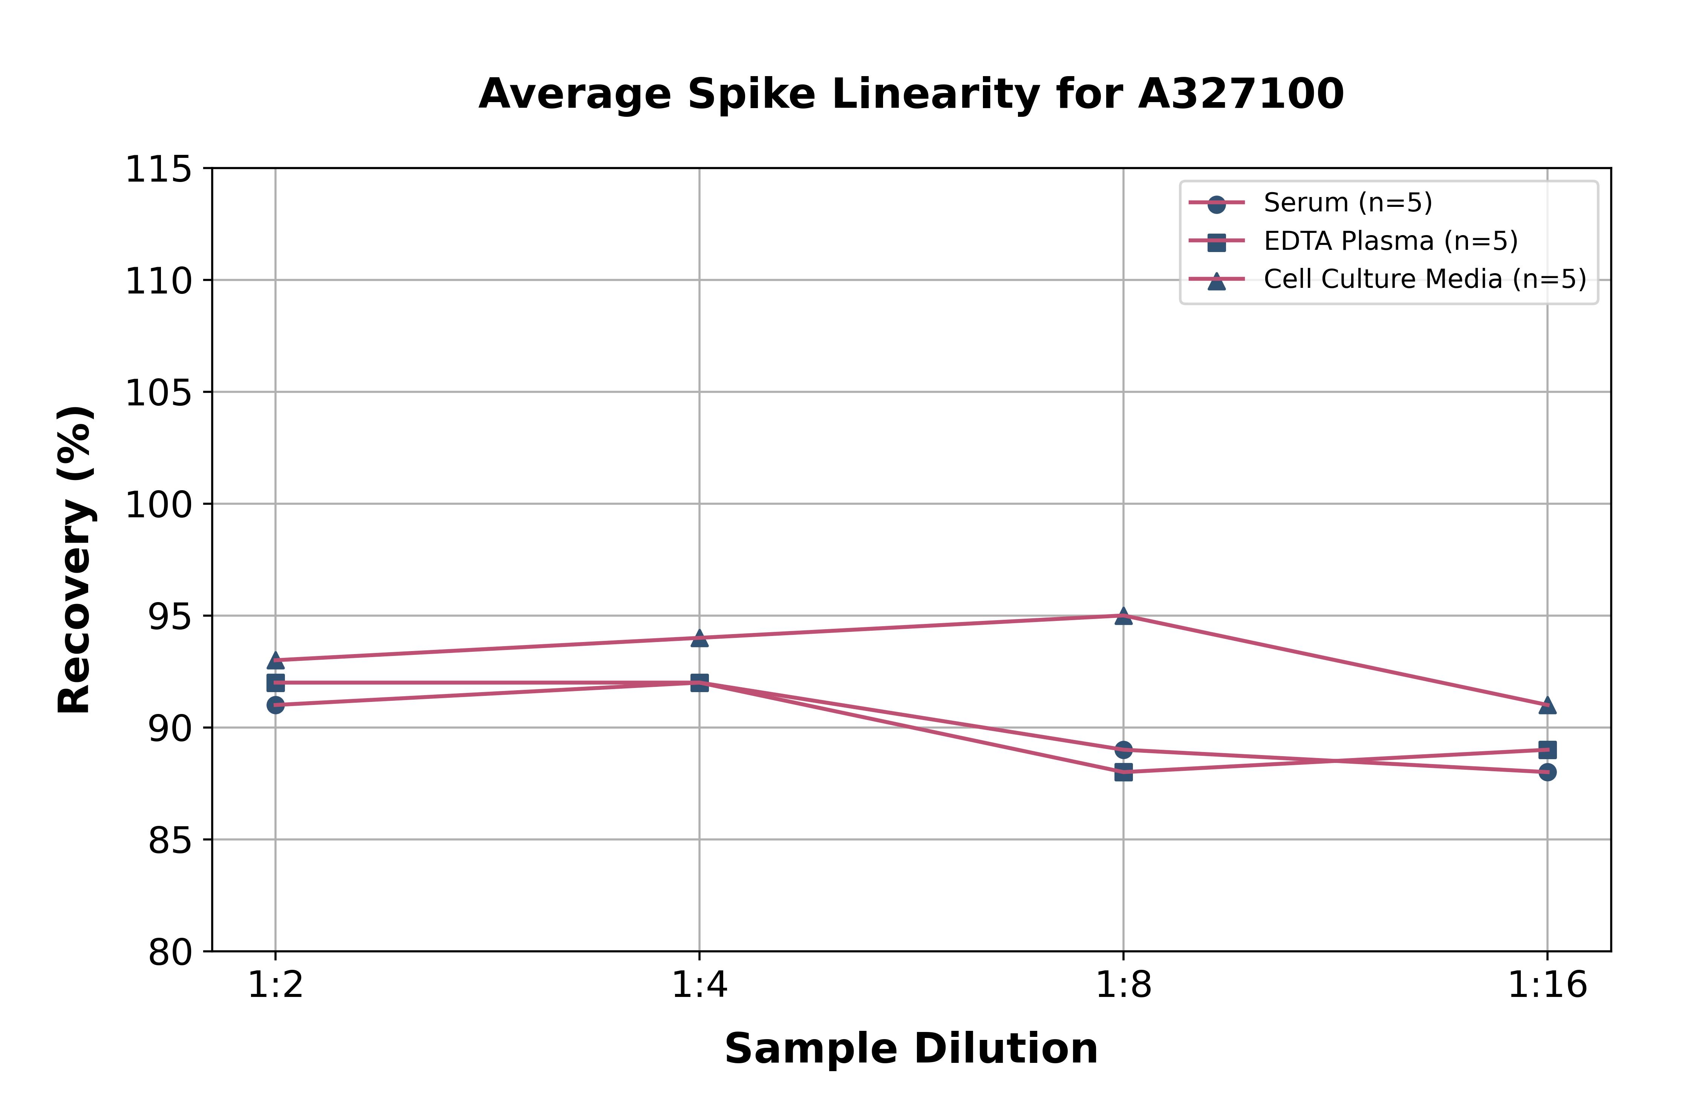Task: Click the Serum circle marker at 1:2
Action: click(276, 705)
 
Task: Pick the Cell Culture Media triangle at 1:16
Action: click(1548, 705)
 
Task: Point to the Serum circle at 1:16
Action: click(1548, 772)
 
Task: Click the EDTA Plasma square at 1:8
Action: click(1124, 772)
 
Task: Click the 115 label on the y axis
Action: click(158, 170)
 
